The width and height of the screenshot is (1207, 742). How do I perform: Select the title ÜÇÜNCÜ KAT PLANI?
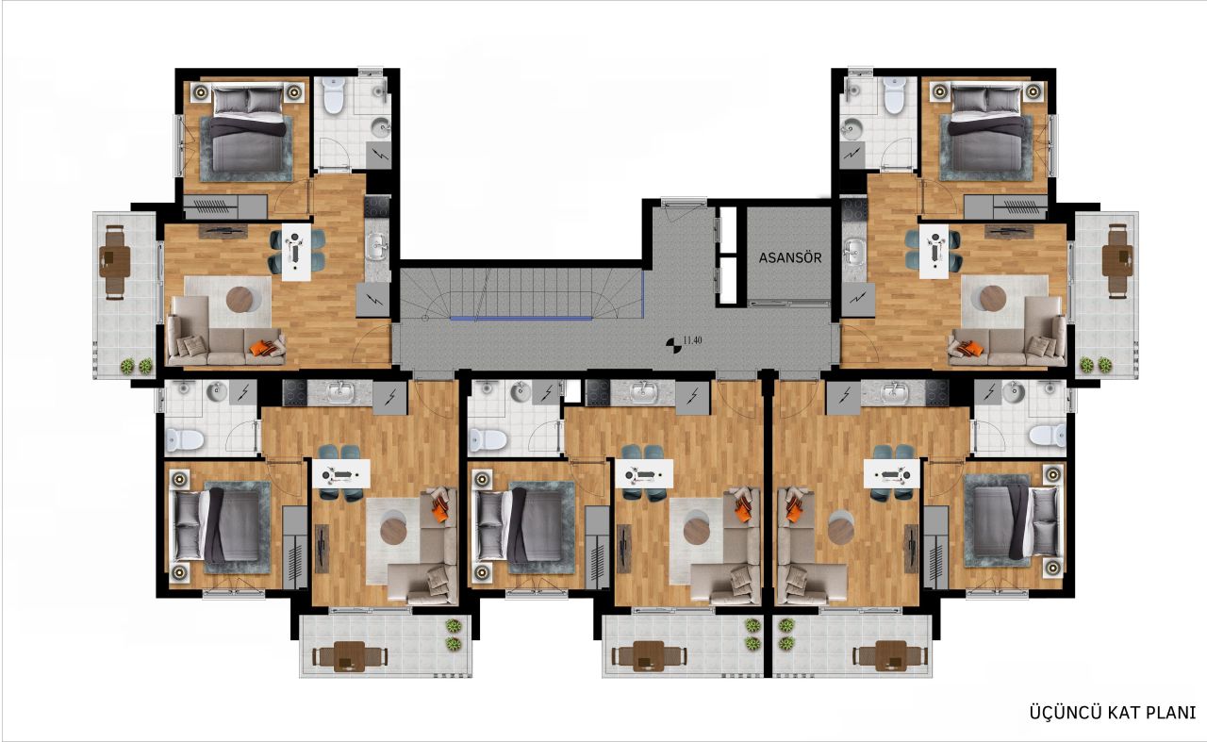coord(1112,713)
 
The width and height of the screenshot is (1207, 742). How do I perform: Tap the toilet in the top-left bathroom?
coord(332,95)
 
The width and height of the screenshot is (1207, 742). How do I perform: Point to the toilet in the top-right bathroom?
coord(894,95)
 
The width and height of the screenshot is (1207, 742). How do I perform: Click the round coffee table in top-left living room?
coord(241,299)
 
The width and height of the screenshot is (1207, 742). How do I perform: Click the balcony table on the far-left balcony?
coord(115,255)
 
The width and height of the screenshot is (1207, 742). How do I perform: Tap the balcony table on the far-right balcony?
coord(1117,255)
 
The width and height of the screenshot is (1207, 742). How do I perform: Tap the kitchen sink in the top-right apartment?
coord(854,252)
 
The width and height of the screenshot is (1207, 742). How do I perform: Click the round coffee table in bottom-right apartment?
coord(840,528)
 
